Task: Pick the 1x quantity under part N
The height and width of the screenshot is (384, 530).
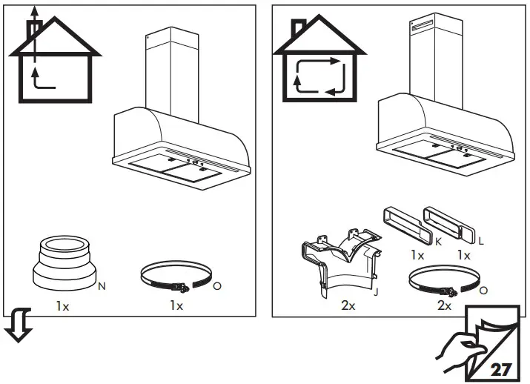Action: coord(62,305)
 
